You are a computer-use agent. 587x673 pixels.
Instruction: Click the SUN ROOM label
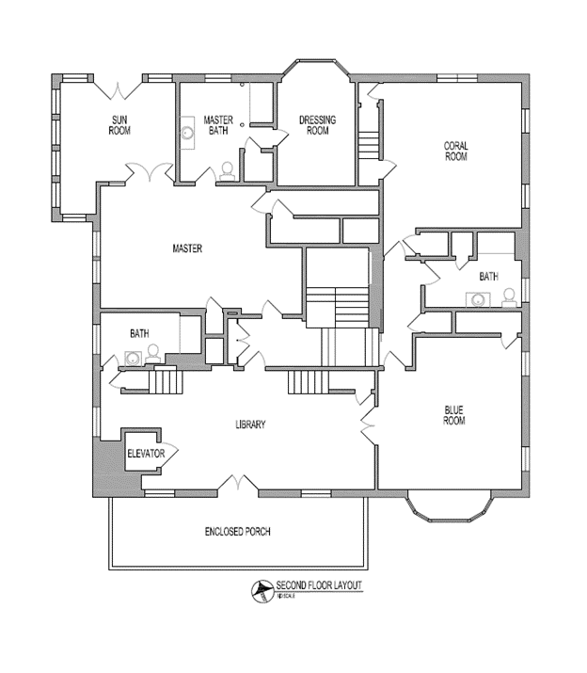point(120,124)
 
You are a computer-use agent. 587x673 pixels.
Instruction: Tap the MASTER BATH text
point(217,124)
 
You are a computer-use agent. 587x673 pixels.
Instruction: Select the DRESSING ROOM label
point(317,124)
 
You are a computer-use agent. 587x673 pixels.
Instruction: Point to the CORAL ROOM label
point(455,151)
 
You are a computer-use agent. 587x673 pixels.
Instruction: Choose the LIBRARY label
point(250,425)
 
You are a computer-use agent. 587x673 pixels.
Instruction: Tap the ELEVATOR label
point(146,454)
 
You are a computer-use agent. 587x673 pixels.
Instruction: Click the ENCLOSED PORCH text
point(237,532)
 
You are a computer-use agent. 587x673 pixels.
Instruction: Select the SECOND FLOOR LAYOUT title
point(318,585)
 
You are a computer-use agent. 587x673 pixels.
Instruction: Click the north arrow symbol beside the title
point(260,591)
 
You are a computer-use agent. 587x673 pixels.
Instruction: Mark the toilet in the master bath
point(226,170)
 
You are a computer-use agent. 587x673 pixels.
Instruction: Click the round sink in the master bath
point(188,133)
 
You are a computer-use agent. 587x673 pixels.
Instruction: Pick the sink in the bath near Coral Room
point(479,300)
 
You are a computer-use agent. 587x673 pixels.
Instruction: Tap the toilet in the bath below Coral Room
point(509,298)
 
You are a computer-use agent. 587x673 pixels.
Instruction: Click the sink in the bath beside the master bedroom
point(133,358)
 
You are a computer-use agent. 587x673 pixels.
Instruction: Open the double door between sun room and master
point(151,173)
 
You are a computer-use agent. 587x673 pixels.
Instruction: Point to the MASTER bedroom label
point(188,248)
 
